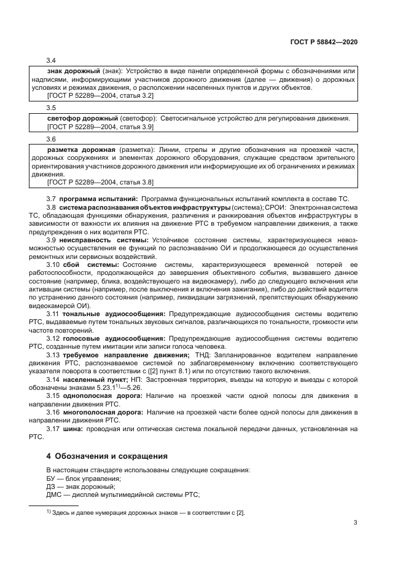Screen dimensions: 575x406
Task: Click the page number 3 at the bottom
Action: click(x=356, y=523)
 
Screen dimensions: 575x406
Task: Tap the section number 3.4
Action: click(x=52, y=61)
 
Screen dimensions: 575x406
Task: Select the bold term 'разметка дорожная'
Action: click(x=77, y=149)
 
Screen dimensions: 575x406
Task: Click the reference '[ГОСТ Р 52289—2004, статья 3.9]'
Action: click(x=101, y=126)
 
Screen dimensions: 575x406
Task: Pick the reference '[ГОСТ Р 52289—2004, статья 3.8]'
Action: click(x=101, y=182)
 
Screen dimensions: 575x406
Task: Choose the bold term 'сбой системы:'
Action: click(x=95, y=264)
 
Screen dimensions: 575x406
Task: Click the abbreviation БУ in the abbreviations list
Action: click(x=52, y=478)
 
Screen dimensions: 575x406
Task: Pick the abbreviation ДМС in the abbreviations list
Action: click(x=55, y=495)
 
